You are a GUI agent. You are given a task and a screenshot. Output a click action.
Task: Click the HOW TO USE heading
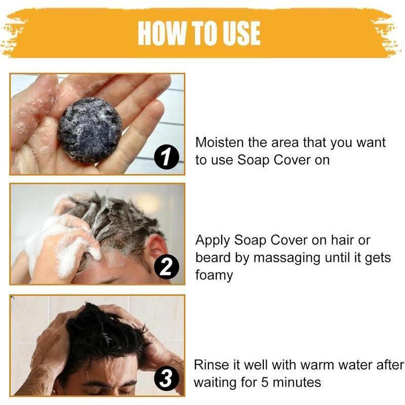[199, 33]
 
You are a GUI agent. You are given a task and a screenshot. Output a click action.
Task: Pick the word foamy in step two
[214, 276]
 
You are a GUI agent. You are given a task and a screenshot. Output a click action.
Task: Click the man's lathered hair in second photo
[116, 218]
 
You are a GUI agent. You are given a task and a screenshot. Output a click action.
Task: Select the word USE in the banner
[239, 33]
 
